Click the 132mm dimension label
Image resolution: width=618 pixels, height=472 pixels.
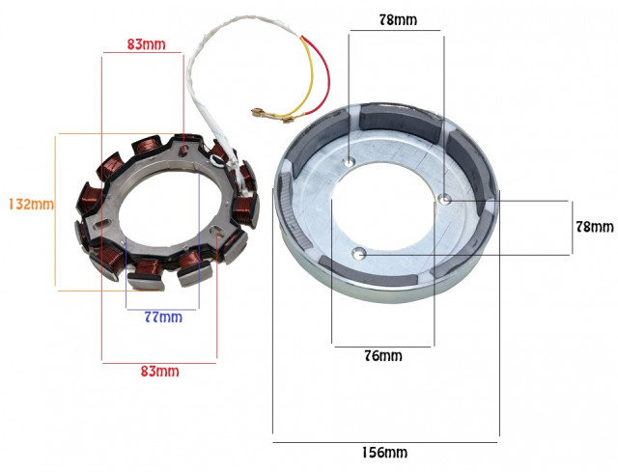click(x=31, y=204)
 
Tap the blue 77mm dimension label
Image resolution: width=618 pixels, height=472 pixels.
click(x=163, y=317)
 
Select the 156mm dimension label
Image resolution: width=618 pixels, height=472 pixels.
click(x=384, y=452)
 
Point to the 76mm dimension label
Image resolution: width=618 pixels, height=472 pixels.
click(x=383, y=356)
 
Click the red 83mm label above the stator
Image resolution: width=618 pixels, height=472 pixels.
click(x=146, y=44)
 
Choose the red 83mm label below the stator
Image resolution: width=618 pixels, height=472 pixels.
click(x=160, y=372)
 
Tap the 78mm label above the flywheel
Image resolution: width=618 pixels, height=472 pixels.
click(x=398, y=20)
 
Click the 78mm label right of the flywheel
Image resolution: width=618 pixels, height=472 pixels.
click(x=595, y=227)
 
